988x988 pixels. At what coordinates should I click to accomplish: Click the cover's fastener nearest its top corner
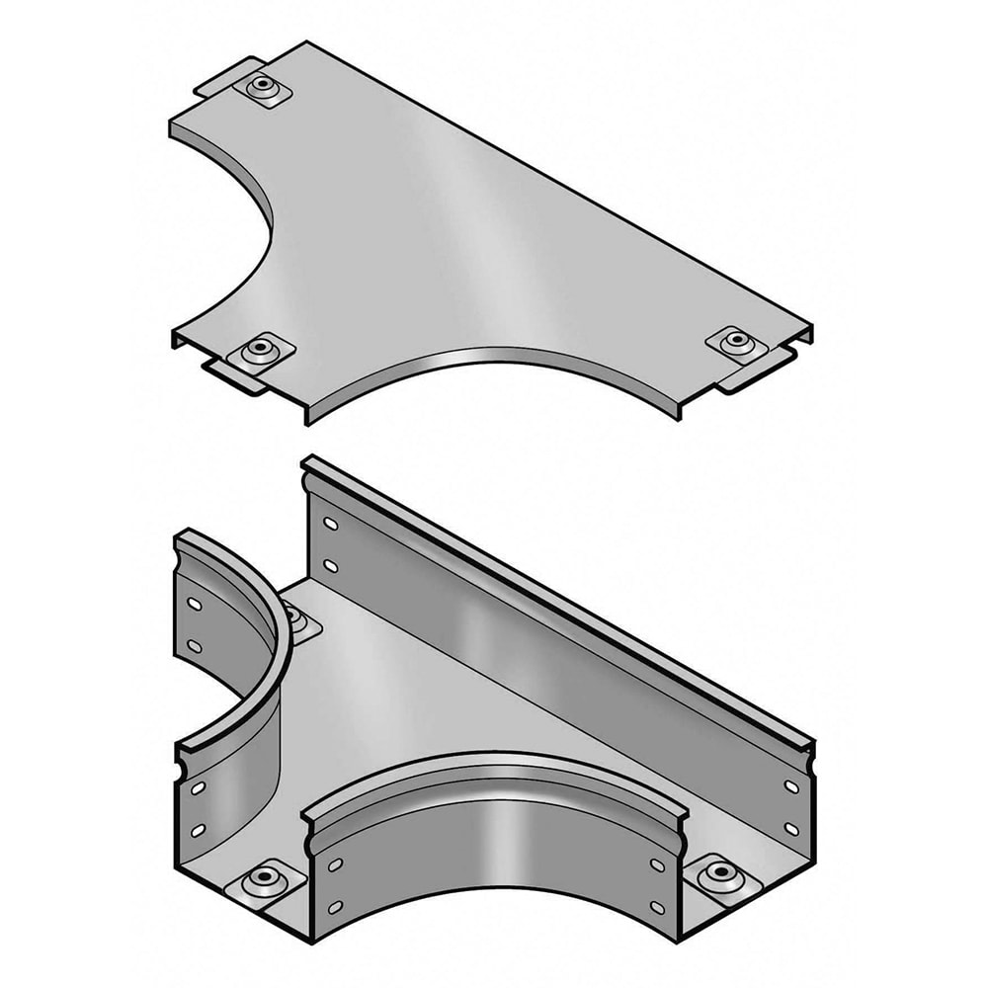(262, 86)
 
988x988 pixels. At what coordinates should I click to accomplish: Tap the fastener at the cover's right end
(735, 343)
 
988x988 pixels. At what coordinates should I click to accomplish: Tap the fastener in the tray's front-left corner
(263, 877)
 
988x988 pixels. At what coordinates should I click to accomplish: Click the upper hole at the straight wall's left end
(329, 523)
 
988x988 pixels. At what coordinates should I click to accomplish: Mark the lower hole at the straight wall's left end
(329, 567)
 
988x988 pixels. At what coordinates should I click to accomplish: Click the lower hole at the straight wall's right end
(790, 828)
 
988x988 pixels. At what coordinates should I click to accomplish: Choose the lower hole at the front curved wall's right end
(656, 906)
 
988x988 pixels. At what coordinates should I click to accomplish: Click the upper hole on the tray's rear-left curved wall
(195, 603)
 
